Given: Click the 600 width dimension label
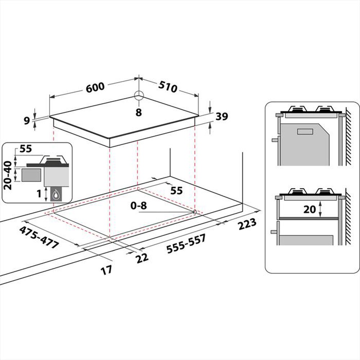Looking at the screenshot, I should [95, 87].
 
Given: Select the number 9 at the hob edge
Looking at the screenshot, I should [27, 121].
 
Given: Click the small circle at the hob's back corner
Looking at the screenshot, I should [139, 95].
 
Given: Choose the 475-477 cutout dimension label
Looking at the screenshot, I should [39, 238].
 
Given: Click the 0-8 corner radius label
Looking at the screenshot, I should [139, 206].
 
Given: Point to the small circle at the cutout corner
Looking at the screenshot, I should [195, 212].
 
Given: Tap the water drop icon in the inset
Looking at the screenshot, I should [55, 195].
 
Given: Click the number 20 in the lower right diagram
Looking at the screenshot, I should [310, 209].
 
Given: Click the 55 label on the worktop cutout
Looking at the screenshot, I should [176, 191].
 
